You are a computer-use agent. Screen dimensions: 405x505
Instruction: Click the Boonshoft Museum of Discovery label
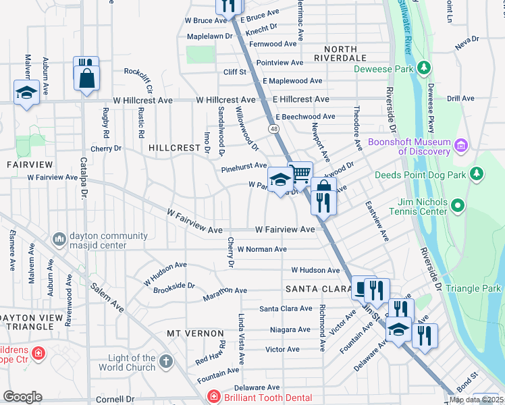(410, 147)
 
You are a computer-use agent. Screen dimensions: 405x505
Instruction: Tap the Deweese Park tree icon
(424, 68)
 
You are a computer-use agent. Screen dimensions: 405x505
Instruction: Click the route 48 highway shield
(273, 128)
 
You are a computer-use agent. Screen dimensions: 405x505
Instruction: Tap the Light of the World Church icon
(166, 362)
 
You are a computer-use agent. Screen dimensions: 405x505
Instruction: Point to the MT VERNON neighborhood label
(195, 333)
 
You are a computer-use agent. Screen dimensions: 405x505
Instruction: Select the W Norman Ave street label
(262, 249)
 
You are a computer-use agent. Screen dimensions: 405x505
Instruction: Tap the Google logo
(22, 397)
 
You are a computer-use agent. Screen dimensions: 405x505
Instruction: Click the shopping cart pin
(300, 174)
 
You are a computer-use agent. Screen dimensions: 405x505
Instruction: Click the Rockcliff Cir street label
(145, 80)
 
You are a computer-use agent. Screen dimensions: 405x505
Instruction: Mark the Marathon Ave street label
(225, 291)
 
